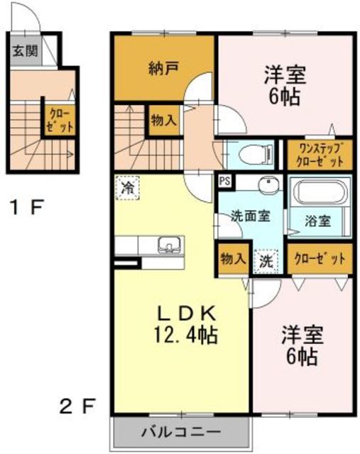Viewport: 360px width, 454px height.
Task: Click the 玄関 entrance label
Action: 26,52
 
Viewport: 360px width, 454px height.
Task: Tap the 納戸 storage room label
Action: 164,69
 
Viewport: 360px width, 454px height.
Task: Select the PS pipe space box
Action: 225,182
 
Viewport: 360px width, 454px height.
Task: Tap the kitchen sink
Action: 170,244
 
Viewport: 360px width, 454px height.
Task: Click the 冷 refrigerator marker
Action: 128,188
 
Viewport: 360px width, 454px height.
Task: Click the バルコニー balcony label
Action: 181,432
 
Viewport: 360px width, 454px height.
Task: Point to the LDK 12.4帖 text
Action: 186,325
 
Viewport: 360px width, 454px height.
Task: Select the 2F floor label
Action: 77,406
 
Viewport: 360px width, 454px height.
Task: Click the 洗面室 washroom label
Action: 251,216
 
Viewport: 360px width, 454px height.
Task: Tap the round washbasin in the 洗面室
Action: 269,184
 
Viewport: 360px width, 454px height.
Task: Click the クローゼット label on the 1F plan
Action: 60,120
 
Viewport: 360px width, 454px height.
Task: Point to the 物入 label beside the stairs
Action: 164,120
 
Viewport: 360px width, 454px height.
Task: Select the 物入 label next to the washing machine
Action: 234,258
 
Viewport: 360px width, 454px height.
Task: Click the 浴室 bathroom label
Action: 318,221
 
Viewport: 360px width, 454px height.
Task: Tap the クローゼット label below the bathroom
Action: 320,258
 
